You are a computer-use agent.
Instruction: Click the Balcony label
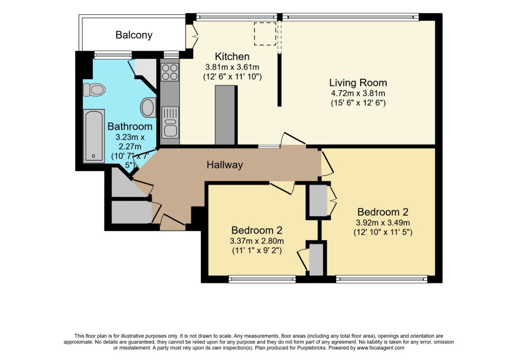[134, 35]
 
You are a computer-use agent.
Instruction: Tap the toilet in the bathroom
[95, 90]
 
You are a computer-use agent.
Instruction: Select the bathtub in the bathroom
[94, 135]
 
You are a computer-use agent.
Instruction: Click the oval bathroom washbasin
[148, 107]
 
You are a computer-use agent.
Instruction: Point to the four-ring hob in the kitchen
[170, 72]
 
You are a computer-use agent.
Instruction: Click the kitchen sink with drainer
[170, 122]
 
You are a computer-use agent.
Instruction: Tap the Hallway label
[225, 165]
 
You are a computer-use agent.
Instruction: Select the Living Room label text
[358, 83]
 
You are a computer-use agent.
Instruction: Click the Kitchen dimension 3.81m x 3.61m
[232, 67]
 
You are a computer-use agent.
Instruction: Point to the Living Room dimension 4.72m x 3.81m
[358, 93]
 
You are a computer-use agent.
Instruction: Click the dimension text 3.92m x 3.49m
[383, 223]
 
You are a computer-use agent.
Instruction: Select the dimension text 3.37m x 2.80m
[257, 241]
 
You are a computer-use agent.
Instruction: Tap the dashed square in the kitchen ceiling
[265, 34]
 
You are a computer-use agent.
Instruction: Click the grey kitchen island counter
[225, 115]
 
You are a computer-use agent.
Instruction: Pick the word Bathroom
[130, 126]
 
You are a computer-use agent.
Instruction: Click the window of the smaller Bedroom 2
[262, 279]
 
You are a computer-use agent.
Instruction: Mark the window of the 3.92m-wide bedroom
[382, 279]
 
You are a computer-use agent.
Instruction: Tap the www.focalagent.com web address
[380, 348]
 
